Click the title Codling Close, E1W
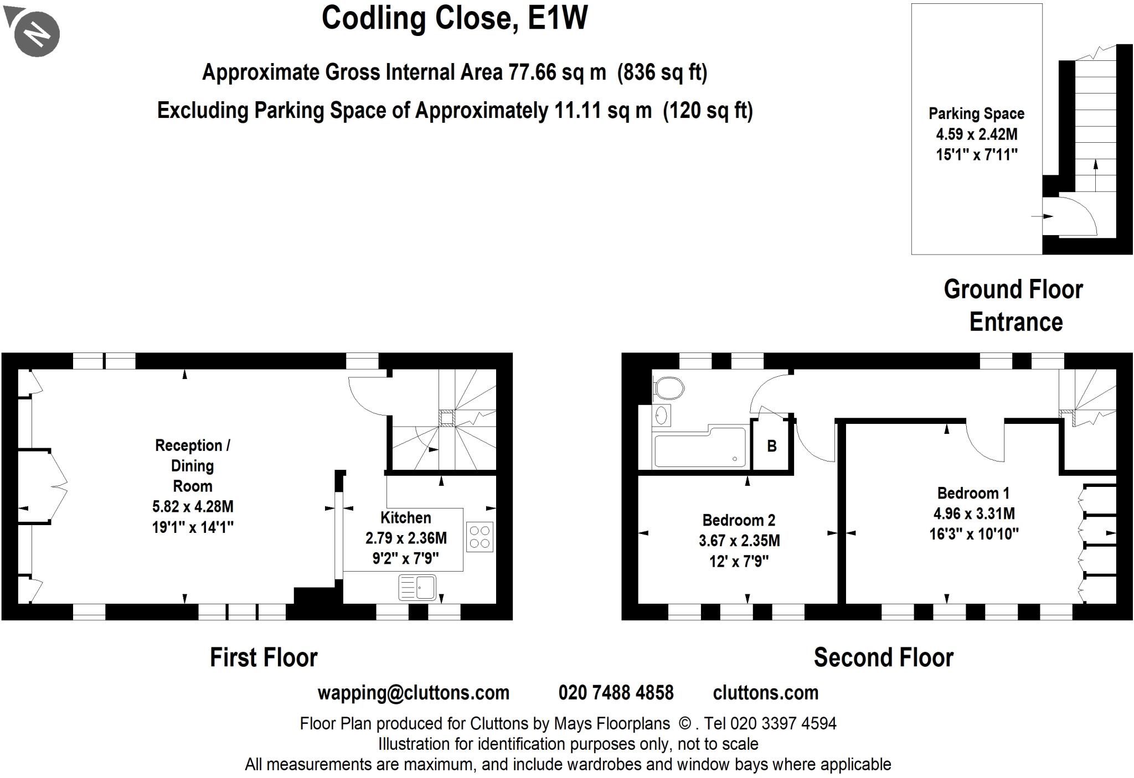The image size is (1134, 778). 454,18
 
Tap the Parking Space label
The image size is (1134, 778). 976,113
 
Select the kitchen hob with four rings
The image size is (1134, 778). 480,536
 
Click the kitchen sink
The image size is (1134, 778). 417,587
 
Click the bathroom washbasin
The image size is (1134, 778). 661,415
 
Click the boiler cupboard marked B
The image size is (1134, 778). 771,446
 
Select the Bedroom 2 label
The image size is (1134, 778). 739,520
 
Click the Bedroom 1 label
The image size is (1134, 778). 973,493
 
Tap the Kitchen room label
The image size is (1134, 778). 405,518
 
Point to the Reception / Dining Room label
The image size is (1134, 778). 192,465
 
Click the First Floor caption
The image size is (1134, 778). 264,657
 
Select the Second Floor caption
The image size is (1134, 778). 883,657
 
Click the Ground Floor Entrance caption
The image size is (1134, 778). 1014,305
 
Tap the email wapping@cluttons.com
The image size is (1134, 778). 413,692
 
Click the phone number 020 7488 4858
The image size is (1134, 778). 616,692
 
